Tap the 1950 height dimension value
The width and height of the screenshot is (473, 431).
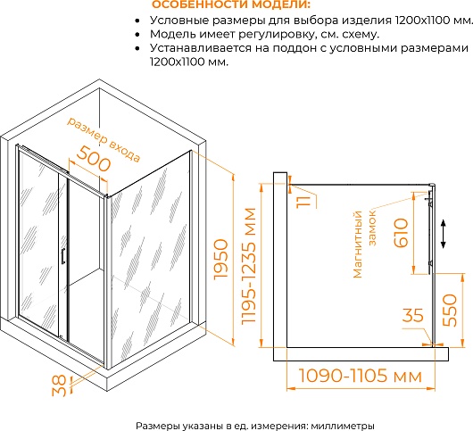(x=220, y=260)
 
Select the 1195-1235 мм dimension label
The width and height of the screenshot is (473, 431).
(x=249, y=266)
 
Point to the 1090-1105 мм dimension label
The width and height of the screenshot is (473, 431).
(x=361, y=376)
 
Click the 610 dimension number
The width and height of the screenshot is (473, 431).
(x=402, y=233)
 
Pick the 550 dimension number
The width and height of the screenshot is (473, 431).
(x=450, y=310)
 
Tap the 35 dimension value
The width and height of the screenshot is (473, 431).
(x=413, y=315)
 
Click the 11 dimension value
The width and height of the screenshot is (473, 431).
(x=303, y=202)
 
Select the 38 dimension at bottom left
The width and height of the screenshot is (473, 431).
(x=59, y=385)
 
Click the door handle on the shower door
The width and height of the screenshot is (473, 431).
(x=63, y=256)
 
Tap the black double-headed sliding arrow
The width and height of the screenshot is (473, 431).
(x=444, y=234)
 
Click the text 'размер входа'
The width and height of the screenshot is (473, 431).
(x=104, y=139)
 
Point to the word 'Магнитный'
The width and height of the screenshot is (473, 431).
(x=358, y=245)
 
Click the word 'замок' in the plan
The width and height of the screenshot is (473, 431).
(x=372, y=228)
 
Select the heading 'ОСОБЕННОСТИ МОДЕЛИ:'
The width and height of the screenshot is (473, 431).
(x=231, y=4)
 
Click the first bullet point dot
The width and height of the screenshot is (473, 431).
(x=137, y=21)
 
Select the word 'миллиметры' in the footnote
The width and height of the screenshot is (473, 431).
(x=343, y=426)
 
